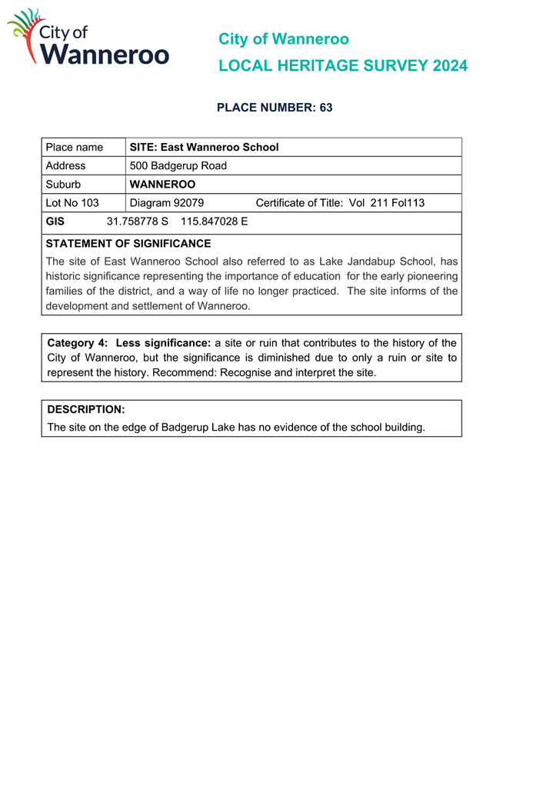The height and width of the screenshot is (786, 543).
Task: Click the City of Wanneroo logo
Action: pyautogui.click(x=88, y=38)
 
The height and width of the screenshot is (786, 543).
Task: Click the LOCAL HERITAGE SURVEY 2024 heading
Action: pyautogui.click(x=342, y=66)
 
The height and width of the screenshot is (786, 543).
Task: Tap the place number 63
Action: pyautogui.click(x=326, y=108)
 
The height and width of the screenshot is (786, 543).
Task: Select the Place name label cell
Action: pyautogui.click(x=75, y=147)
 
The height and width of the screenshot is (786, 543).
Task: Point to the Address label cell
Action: pyautogui.click(x=66, y=165)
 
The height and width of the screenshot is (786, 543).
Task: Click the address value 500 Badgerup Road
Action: pyautogui.click(x=178, y=165)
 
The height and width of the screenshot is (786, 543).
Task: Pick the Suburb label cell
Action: pyautogui.click(x=63, y=185)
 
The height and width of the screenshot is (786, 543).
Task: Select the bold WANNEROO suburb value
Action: pyautogui.click(x=162, y=185)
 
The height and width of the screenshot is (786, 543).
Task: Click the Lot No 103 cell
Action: pyautogui.click(x=72, y=203)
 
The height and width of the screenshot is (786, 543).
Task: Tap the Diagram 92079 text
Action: pyautogui.click(x=167, y=203)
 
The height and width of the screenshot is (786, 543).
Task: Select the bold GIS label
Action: pyautogui.click(x=55, y=221)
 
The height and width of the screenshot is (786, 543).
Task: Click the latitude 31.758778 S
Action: pyautogui.click(x=137, y=221)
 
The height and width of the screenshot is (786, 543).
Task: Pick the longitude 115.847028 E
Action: pyautogui.click(x=215, y=221)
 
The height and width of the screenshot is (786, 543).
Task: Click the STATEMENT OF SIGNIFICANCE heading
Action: pyautogui.click(x=128, y=244)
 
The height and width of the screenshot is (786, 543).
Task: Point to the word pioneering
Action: pyautogui.click(x=431, y=276)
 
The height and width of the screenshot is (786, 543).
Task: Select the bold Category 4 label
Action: pyautogui.click(x=78, y=343)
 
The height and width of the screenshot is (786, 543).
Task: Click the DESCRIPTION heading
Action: pyautogui.click(x=86, y=409)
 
